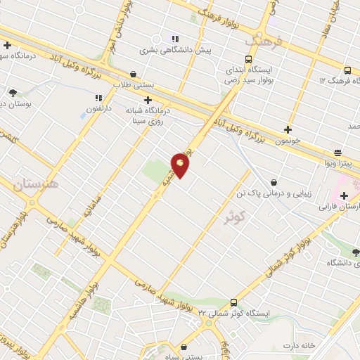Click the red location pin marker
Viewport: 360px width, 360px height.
(x=181, y=164)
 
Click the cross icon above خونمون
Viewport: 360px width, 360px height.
(x=287, y=129)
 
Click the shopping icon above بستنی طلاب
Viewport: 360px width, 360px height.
(x=134, y=72)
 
